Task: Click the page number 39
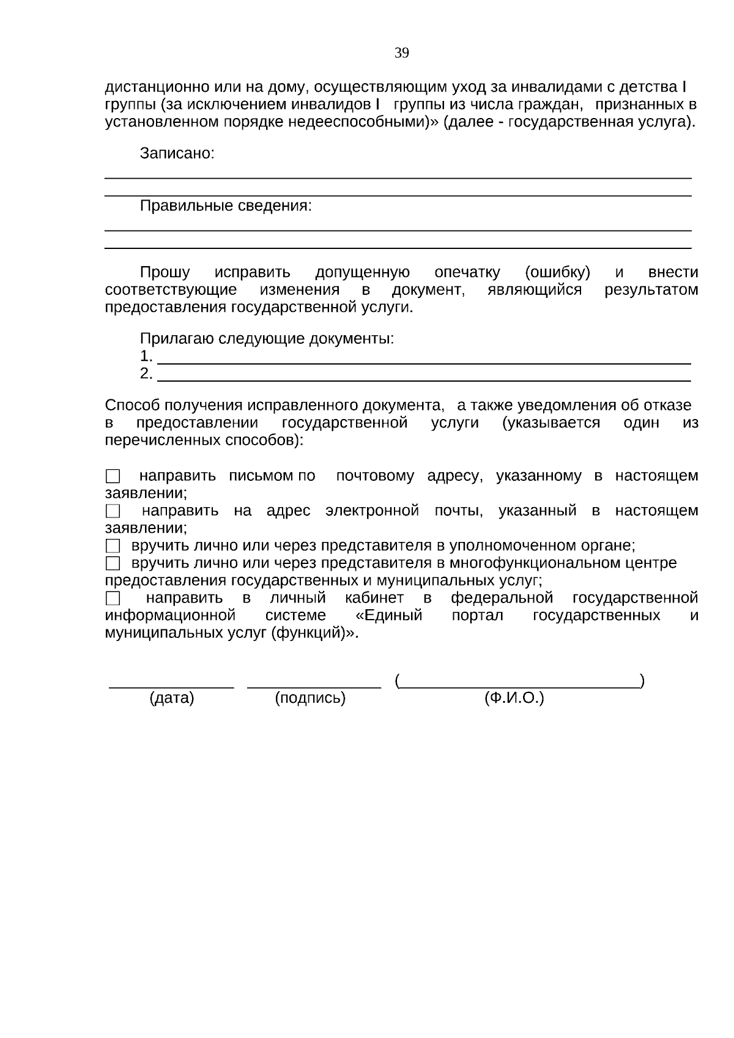coord(401,53)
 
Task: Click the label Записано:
coord(177,154)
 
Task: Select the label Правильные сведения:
coord(226,206)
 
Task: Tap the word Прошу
coord(165,272)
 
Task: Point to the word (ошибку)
coord(557,272)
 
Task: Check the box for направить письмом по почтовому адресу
coord(113,476)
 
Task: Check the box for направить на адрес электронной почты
coord(113,511)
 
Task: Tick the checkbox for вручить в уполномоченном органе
coord(113,546)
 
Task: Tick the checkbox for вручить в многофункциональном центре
coord(113,563)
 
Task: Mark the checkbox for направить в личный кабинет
coord(113,598)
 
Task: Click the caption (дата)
coord(172,698)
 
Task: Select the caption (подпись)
coord(310,698)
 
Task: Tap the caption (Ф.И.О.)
coord(514,698)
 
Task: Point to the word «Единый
coord(388,615)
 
